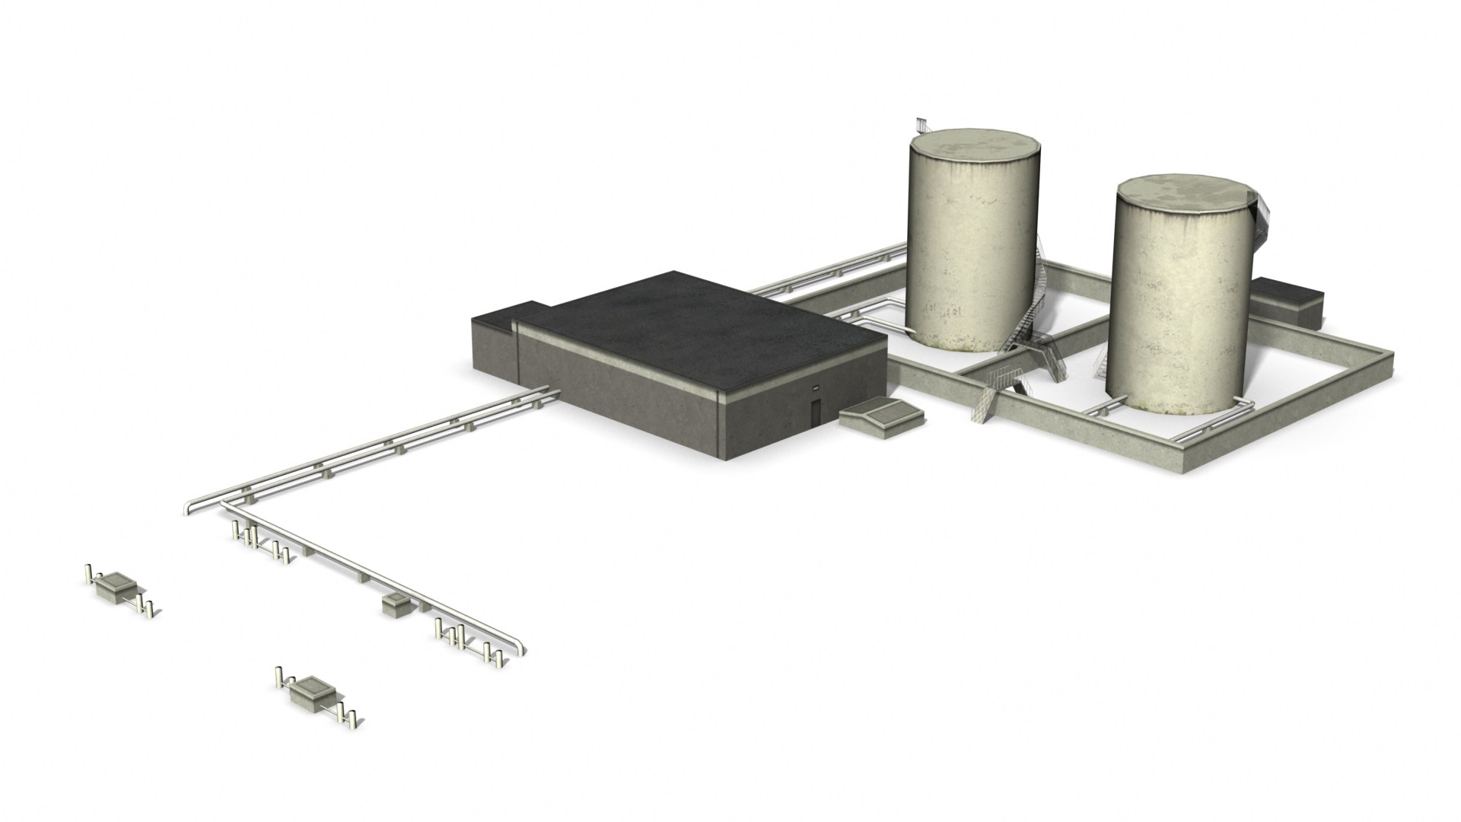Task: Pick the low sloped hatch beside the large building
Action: pyautogui.click(x=883, y=416)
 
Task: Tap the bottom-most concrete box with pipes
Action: pyautogui.click(x=312, y=691)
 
